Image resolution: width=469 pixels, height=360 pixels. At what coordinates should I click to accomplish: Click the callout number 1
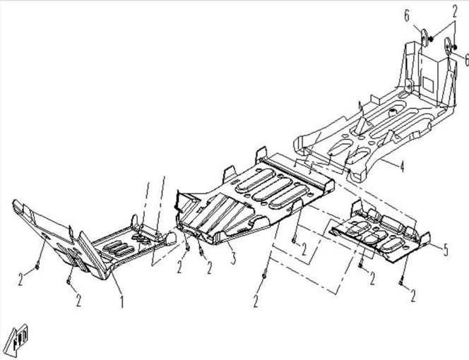(121, 301)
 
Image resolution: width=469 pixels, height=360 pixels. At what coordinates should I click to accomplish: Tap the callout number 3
(233, 258)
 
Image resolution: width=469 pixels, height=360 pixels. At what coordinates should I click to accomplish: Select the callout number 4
(402, 167)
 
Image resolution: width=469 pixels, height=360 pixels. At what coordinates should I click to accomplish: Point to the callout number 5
(446, 250)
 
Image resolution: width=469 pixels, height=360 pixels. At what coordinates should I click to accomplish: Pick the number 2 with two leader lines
(455, 12)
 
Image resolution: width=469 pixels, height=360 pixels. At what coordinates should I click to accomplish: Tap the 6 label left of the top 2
(407, 16)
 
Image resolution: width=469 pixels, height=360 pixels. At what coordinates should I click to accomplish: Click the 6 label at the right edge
(466, 59)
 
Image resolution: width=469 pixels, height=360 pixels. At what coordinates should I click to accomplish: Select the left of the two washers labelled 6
(425, 37)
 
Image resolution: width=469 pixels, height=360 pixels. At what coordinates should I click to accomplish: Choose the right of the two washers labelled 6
(448, 47)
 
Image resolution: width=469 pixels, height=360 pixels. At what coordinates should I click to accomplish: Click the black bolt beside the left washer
(432, 39)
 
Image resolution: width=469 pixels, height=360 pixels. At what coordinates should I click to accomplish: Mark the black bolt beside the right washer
(454, 47)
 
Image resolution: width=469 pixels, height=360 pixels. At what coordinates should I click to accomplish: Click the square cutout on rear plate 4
(428, 84)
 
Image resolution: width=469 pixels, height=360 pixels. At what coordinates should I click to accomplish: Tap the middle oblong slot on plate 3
(273, 189)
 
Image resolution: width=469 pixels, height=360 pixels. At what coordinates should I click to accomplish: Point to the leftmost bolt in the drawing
(37, 266)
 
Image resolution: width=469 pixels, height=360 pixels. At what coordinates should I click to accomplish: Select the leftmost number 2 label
(20, 280)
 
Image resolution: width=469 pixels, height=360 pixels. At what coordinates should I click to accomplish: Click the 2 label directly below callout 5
(412, 296)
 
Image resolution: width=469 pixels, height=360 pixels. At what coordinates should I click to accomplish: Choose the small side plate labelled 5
(381, 232)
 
